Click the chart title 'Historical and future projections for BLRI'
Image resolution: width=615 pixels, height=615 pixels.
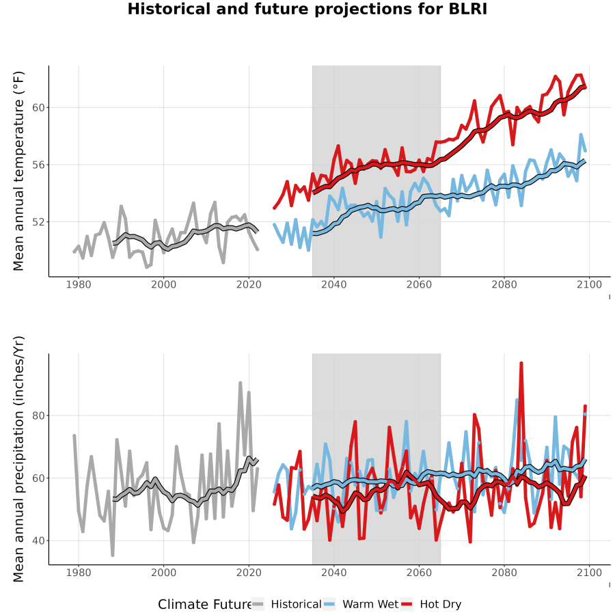[307, 9]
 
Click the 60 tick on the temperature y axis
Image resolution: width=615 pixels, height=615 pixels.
[38, 107]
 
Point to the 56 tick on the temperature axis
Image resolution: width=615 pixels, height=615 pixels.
[38, 165]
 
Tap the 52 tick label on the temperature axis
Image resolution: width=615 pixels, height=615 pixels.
[38, 222]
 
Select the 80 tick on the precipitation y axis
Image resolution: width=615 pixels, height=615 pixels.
[38, 415]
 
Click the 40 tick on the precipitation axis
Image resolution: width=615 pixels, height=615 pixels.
[38, 541]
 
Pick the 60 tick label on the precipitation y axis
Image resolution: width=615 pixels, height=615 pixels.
[38, 478]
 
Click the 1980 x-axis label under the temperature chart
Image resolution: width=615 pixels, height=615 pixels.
[79, 285]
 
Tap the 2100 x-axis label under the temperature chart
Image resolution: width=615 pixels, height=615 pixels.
[589, 285]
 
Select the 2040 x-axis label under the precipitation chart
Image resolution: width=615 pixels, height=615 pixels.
[333, 573]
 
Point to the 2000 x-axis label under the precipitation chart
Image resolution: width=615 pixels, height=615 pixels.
[163, 573]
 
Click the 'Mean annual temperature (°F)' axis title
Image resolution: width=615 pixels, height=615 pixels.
[18, 171]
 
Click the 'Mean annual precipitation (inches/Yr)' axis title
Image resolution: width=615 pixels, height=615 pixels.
[18, 459]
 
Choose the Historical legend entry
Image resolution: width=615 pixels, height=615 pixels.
[286, 605]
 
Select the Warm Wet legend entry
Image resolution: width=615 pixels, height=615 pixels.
[361, 605]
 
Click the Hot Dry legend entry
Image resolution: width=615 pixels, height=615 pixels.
[431, 605]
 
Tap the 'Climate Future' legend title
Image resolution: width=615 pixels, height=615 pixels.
[204, 605]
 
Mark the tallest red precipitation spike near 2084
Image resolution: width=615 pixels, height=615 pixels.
[521, 364]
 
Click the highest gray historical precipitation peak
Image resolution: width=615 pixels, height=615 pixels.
[241, 383]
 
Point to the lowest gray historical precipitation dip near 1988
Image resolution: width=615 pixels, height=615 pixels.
[113, 555]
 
